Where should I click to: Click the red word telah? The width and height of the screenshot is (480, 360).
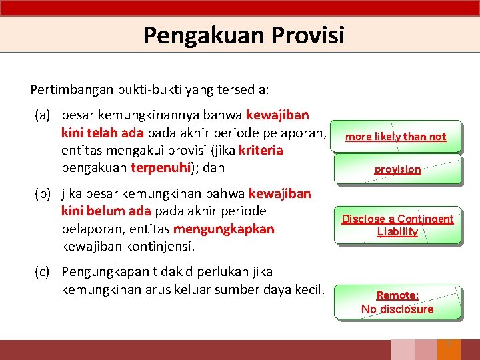point(101,133)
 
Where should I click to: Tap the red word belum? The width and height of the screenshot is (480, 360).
point(104,211)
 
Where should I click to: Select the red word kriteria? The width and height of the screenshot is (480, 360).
point(261,150)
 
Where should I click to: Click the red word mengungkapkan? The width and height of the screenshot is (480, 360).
point(223,229)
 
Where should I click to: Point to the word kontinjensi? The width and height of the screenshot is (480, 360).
point(157,246)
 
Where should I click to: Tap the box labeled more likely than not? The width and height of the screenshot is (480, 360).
point(396,137)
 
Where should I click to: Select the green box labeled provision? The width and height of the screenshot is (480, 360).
point(397,169)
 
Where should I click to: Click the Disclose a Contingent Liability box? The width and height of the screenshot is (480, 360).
point(397,225)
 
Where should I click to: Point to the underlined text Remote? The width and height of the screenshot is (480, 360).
point(397,295)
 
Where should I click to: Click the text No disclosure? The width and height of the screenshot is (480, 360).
point(397,309)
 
